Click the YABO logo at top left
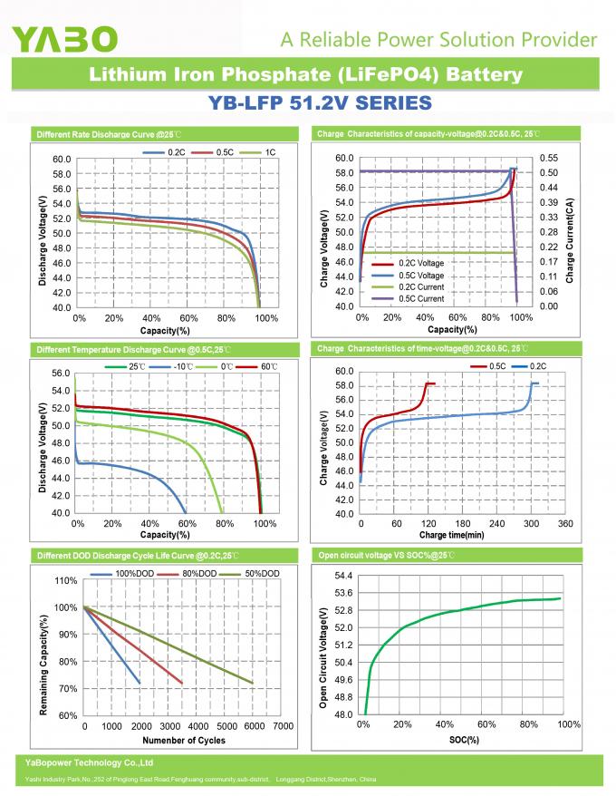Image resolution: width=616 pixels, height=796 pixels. point(64,38)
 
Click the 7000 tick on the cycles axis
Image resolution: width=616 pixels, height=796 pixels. point(283,726)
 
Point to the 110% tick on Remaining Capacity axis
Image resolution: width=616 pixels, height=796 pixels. point(66,580)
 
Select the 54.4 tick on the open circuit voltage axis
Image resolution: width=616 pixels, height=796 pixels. point(342,576)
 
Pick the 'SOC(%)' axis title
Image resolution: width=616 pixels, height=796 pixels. point(463,740)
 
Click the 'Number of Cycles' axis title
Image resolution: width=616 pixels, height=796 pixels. point(184,740)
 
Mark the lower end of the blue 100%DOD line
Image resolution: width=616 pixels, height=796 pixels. point(140,683)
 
